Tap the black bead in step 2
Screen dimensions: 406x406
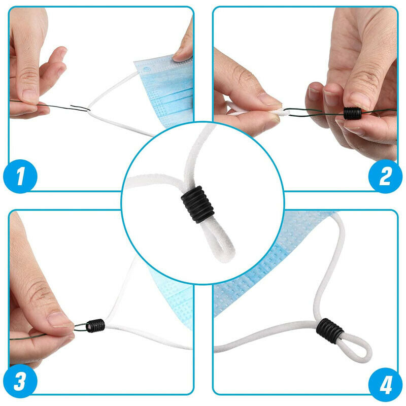352,113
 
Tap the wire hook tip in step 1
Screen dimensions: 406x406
86,108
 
